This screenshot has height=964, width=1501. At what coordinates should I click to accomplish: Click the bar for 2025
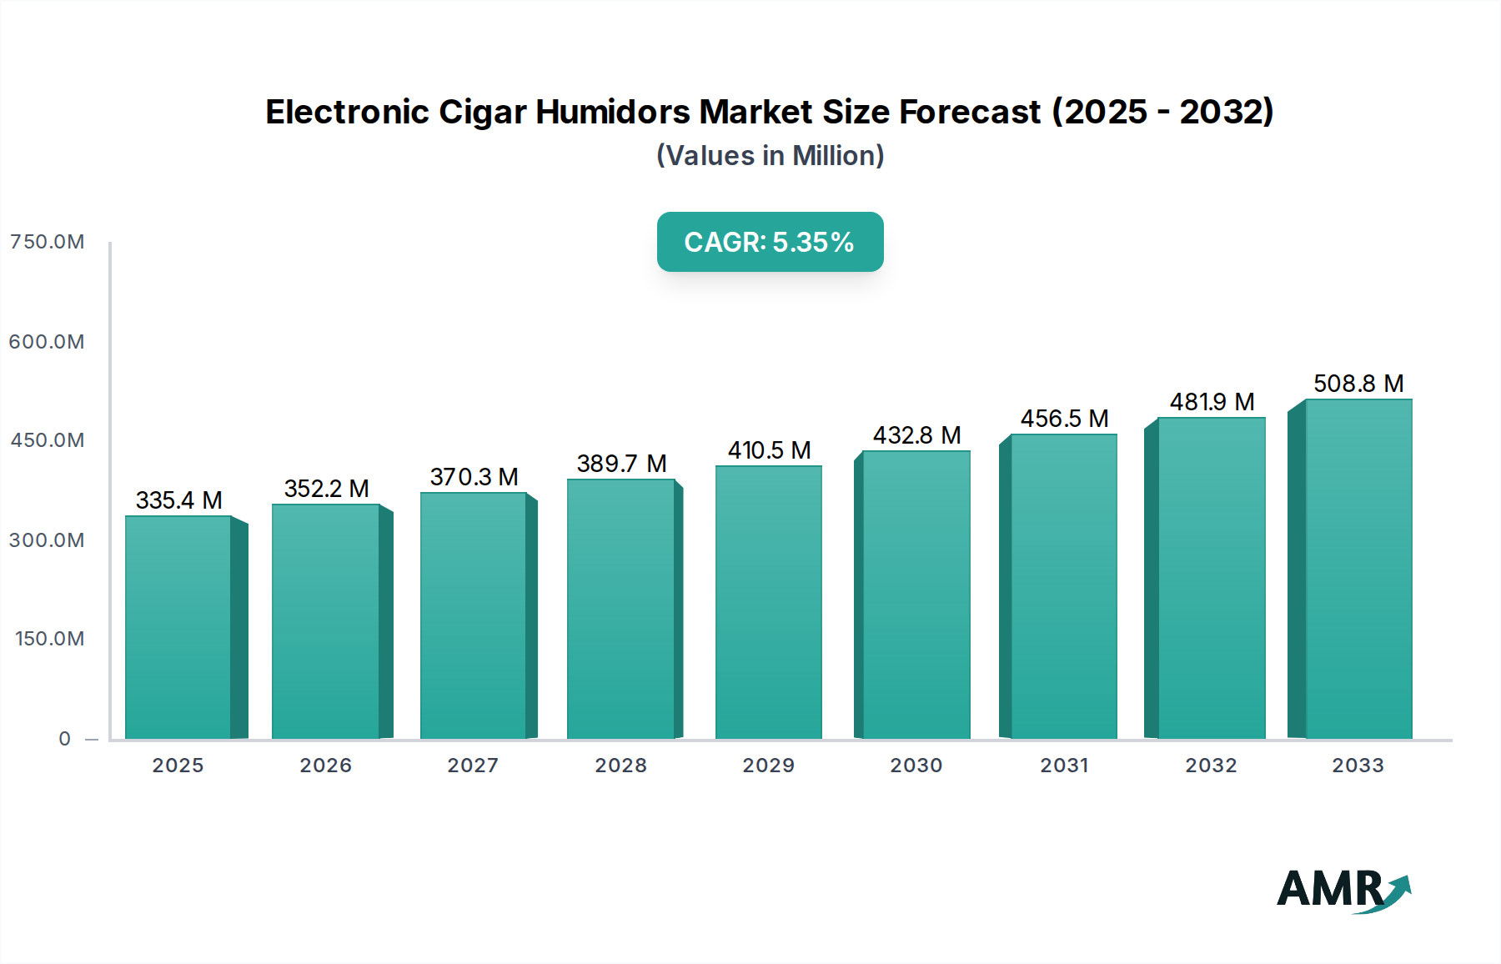coord(178,627)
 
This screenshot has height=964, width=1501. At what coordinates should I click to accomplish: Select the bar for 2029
coord(768,602)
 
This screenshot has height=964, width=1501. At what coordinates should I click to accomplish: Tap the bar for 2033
coord(1358,569)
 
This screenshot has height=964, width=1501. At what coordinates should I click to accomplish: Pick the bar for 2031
coord(1063,586)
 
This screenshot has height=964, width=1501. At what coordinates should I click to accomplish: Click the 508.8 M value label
coord(1358,384)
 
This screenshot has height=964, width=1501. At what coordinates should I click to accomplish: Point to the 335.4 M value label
coord(178,500)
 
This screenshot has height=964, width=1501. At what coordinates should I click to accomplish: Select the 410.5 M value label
coord(769,450)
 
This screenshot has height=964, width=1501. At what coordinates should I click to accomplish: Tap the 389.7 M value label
coord(621,464)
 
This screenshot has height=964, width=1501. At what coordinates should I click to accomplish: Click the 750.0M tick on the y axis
coord(47,242)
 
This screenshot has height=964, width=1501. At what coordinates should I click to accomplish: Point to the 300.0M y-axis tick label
coord(47,540)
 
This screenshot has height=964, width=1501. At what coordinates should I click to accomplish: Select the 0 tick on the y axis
coord(64,739)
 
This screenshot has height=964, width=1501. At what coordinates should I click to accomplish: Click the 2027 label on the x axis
coord(473,766)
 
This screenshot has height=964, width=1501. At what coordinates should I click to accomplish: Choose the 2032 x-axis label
coord(1211,766)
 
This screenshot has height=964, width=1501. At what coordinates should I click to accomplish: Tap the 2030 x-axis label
coord(916,766)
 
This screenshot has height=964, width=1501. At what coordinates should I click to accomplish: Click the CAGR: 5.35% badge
coord(770,242)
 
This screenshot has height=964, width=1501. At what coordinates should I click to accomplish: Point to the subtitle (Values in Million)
coord(770,156)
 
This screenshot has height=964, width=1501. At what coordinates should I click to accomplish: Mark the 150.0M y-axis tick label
coord(49,639)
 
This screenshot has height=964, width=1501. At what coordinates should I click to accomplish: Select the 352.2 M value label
coord(326,489)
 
